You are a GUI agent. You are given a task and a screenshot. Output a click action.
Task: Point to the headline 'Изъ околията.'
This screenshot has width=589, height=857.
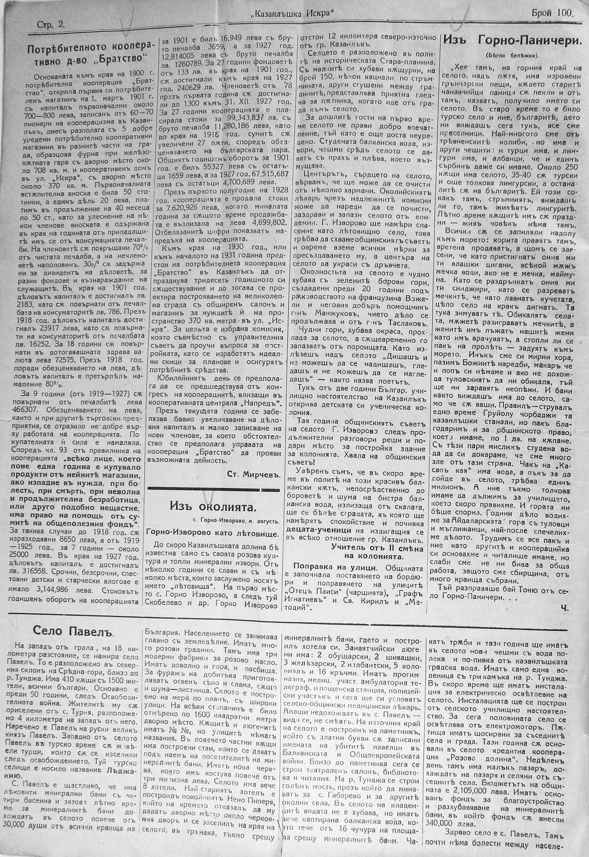pyautogui.click(x=213, y=507)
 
